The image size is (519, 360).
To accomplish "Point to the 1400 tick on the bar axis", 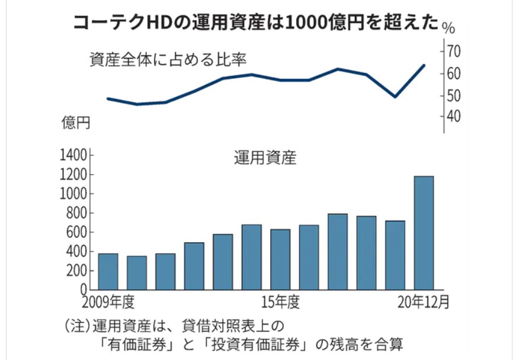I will click(73, 156).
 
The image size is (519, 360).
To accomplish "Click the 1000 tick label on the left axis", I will click(73, 194).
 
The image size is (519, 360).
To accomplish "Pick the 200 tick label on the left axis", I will click(76, 271).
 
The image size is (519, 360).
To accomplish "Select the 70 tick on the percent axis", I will click(453, 52).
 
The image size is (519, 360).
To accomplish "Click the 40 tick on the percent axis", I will click(453, 116).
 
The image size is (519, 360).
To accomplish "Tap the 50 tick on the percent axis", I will click(453, 95).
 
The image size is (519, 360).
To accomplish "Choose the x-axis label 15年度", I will click(280, 302).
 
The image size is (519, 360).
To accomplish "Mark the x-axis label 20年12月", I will click(423, 302).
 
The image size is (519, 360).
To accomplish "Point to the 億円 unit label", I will click(76, 123).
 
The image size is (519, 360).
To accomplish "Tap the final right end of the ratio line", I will click(424, 65).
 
